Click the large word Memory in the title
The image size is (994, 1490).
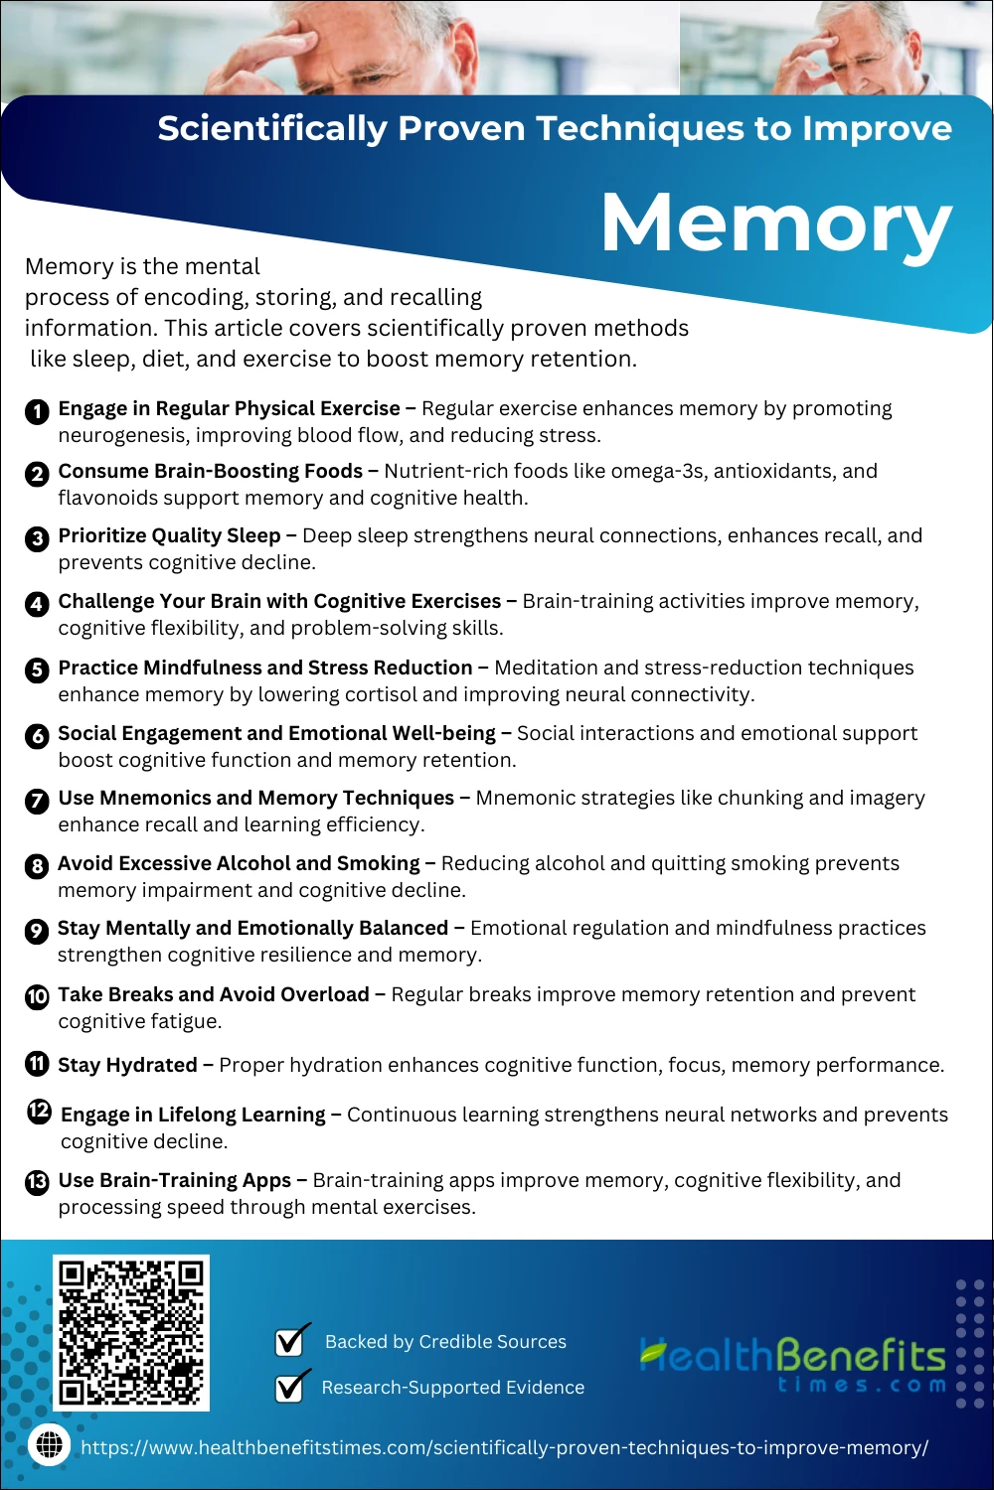pos(776,223)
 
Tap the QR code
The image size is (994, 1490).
pos(131,1332)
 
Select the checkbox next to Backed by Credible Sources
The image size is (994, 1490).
pos(291,1341)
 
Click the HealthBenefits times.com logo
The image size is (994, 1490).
pos(793,1364)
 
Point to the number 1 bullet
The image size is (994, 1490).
pos(37,411)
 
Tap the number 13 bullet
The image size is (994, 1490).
pos(37,1182)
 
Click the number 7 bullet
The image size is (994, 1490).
pos(37,801)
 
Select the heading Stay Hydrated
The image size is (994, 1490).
pos(127,1065)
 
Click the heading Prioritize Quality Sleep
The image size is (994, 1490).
pos(169,535)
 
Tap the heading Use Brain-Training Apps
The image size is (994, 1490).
pos(175,1180)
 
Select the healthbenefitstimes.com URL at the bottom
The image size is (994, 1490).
pos(504,1447)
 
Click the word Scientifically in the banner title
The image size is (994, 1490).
pos(272,128)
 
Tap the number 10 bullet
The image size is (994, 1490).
pos(37,996)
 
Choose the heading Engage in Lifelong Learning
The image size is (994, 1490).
pos(193,1115)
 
